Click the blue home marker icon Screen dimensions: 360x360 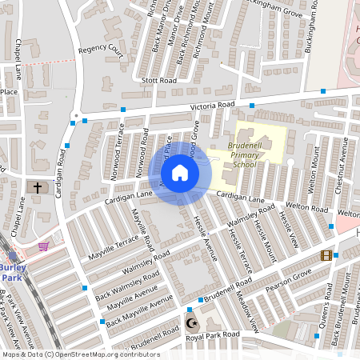click(180, 173)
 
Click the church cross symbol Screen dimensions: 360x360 click(37, 187)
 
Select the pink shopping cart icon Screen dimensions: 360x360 click(43, 246)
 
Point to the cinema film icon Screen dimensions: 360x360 click(326, 255)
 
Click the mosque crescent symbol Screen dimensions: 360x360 click(190, 323)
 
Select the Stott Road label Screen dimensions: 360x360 click(158, 81)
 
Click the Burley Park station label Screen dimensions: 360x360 click(11, 272)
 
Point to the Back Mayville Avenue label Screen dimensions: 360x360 click(139, 310)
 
